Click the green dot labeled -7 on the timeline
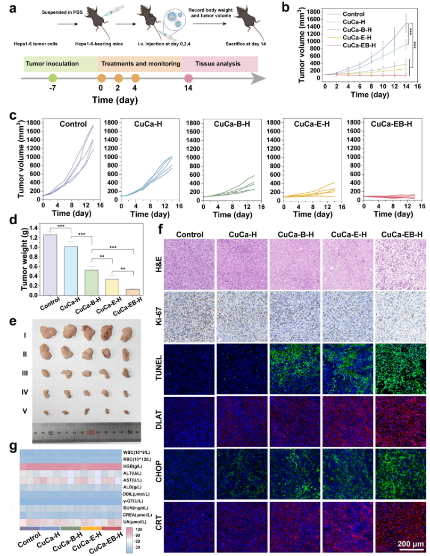[x=52, y=78]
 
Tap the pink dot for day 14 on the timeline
[x=188, y=78]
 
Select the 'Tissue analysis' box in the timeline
[x=219, y=64]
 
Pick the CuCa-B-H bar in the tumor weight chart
[x=92, y=282]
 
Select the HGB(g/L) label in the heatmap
[x=137, y=467]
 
